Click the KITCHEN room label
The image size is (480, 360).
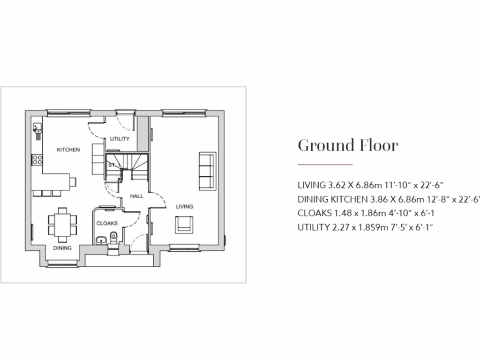[68, 150]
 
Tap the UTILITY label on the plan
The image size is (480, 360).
[120, 139]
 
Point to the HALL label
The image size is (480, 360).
[137, 196]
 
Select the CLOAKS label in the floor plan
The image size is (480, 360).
[107, 224]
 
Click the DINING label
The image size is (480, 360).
[62, 248]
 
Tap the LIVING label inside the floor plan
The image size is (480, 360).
[184, 206]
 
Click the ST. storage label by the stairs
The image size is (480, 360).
[112, 165]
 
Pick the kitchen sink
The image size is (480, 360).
[37, 128]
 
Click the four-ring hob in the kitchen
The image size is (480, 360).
[37, 159]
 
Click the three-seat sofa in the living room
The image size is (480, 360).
[207, 170]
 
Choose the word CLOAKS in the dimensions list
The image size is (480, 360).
[314, 213]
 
